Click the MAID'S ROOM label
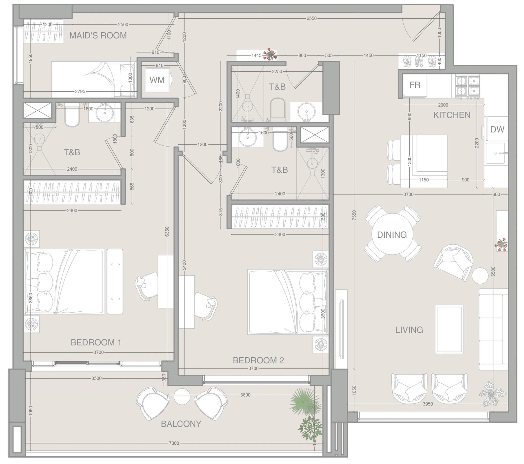[x=98, y=35]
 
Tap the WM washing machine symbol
[x=157, y=80]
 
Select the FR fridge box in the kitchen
[x=415, y=85]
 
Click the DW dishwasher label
[x=497, y=129]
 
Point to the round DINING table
[x=392, y=234]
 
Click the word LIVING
[x=409, y=330]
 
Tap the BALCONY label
[x=181, y=424]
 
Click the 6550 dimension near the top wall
[x=311, y=18]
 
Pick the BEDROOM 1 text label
[x=96, y=342]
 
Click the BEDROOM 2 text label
[x=258, y=360]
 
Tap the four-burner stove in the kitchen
[x=467, y=87]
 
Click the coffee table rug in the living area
[x=449, y=329]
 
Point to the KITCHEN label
[x=452, y=115]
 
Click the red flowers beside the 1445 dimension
[x=270, y=54]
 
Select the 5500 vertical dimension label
[x=493, y=272]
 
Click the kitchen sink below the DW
[x=495, y=153]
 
